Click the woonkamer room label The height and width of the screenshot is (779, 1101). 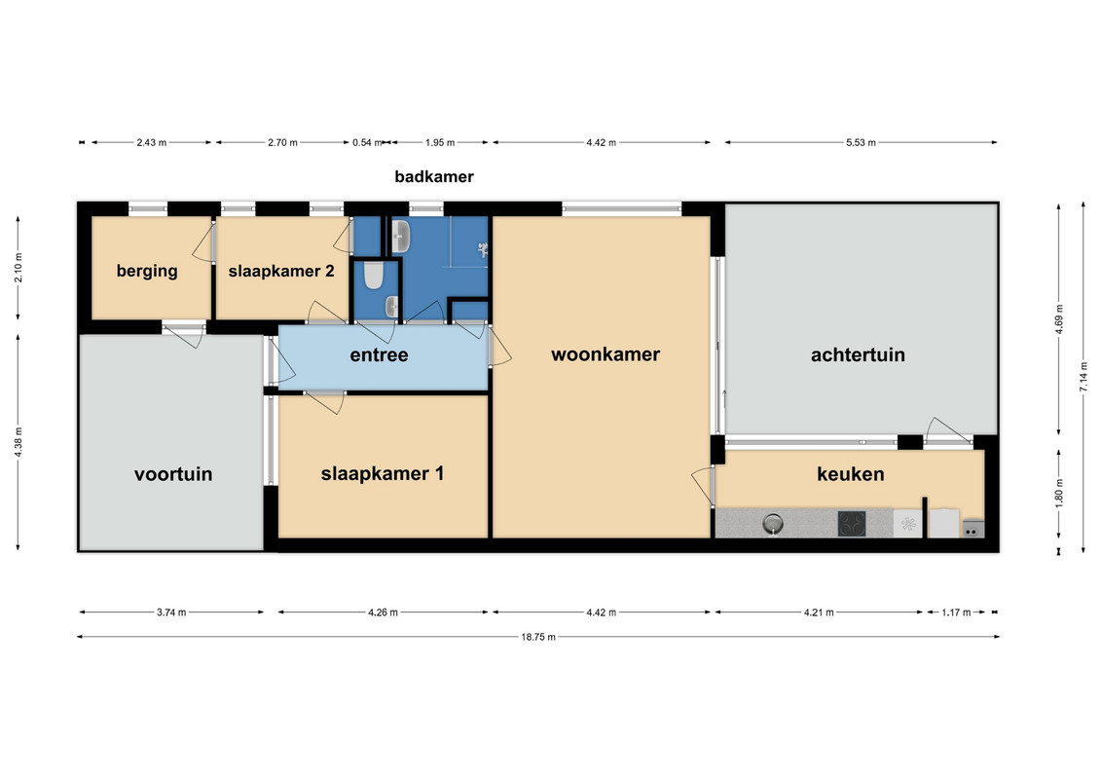click(606, 354)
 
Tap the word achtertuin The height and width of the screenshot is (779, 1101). click(858, 354)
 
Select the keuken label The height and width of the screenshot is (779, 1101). click(850, 474)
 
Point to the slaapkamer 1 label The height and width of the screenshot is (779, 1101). click(383, 473)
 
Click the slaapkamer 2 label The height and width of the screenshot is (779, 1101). click(281, 271)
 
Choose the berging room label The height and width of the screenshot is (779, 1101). click(147, 271)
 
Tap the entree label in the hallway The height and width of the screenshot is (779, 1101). click(380, 354)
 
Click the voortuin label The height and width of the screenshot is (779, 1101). click(173, 474)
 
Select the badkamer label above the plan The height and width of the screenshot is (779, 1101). click(434, 176)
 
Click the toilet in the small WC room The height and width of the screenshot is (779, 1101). click(374, 276)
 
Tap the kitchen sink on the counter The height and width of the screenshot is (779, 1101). click(773, 523)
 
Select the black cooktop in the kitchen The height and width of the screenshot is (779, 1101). click(852, 523)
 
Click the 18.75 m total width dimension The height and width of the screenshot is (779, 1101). click(538, 637)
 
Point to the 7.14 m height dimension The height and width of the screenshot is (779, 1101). click(1084, 377)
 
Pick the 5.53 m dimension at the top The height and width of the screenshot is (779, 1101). click(861, 142)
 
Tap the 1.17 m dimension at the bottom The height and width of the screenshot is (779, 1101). click(956, 612)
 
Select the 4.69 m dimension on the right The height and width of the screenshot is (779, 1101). click(1059, 319)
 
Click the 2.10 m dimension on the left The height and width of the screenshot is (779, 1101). click(18, 268)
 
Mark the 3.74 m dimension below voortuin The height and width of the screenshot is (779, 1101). click(171, 612)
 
